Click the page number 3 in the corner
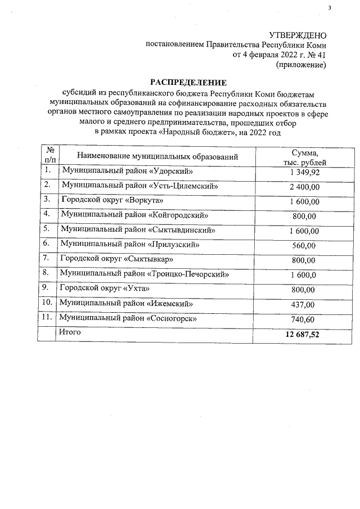coord(331,7)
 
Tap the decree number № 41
coord(314,55)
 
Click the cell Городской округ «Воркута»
coord(107,200)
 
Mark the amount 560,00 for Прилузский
coord(304,246)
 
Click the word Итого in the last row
coord(70,332)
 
